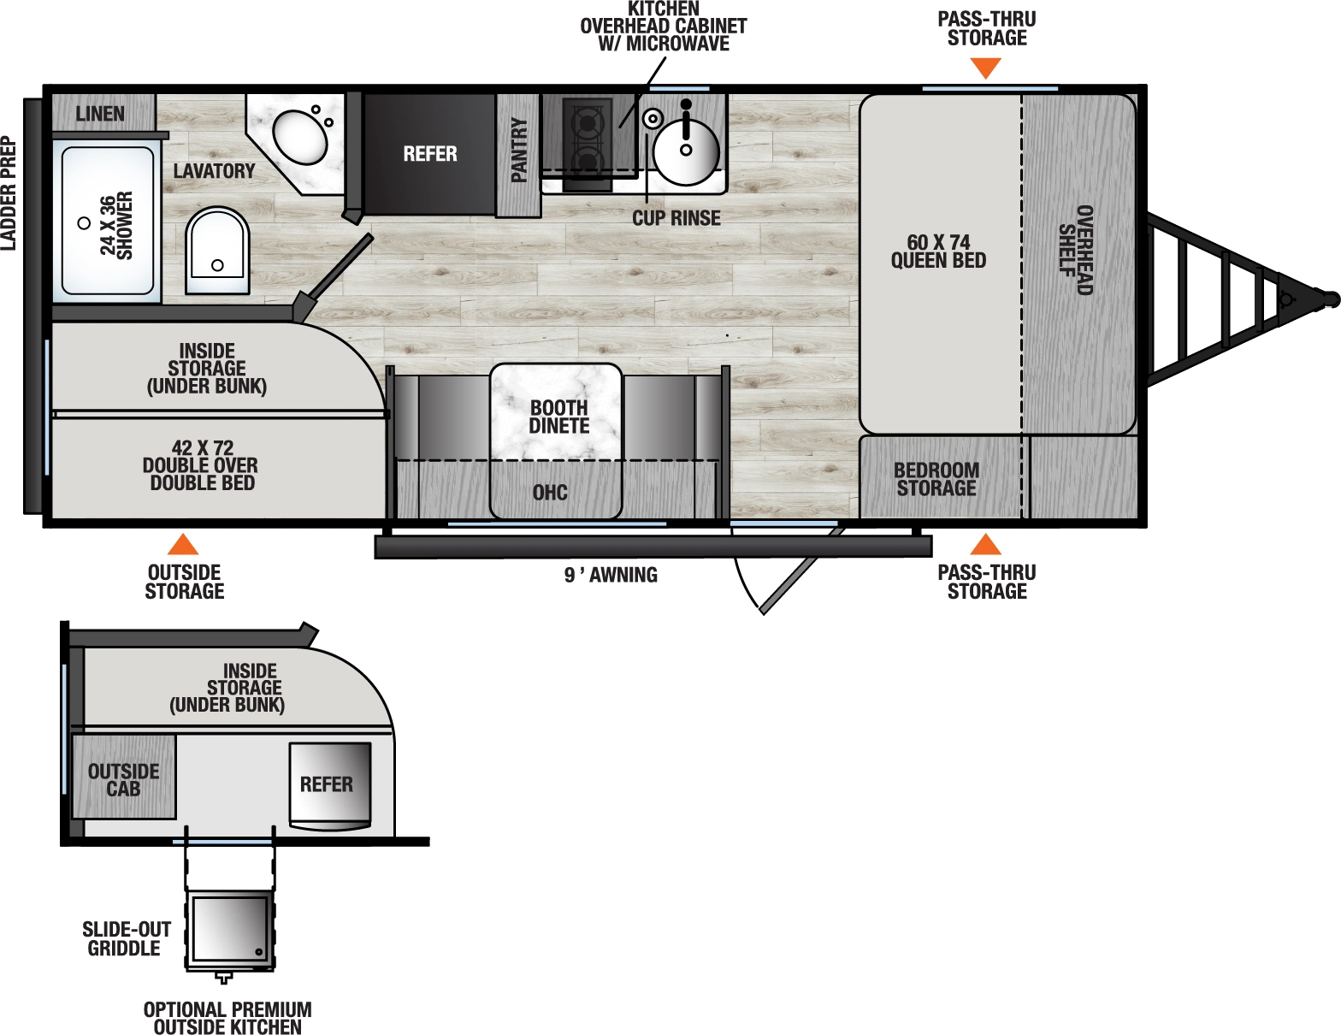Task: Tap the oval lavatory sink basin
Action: tap(300, 137)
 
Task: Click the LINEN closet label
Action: tap(100, 114)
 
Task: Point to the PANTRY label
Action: tap(518, 151)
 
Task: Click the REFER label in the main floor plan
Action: tap(430, 154)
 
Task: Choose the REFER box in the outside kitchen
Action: tap(329, 784)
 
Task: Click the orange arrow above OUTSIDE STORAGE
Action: tap(183, 545)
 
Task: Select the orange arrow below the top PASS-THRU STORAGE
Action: tap(985, 68)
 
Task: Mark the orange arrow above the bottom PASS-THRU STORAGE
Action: tap(985, 544)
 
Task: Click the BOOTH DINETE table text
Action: tap(558, 417)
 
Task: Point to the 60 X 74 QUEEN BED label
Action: tap(938, 251)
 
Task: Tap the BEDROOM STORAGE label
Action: tap(936, 479)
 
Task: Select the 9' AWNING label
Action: tap(611, 576)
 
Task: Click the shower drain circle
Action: tap(84, 223)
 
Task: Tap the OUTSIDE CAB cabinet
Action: tap(124, 779)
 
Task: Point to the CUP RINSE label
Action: tap(676, 218)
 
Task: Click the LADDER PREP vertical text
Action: tap(9, 193)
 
